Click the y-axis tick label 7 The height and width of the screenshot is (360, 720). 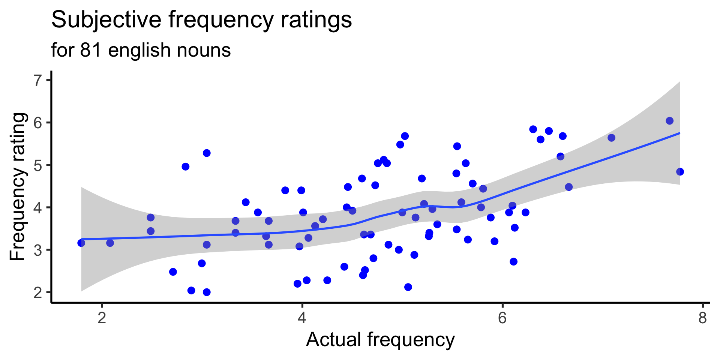click(x=38, y=81)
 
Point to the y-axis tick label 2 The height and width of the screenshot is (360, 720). click(x=38, y=292)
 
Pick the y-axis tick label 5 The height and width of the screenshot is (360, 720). click(x=38, y=165)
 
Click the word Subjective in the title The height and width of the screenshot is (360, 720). click(x=107, y=20)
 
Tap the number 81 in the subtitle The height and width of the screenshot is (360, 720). click(x=91, y=50)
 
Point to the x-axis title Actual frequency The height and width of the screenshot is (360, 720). click(x=380, y=340)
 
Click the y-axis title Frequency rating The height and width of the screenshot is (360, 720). click(x=18, y=186)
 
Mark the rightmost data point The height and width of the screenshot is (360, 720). click(x=680, y=172)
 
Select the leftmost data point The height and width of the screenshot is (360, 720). click(x=81, y=243)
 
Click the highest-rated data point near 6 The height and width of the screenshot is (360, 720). click(x=669, y=121)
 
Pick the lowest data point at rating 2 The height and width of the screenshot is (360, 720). click(x=207, y=292)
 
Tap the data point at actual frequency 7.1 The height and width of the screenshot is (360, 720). click(x=611, y=138)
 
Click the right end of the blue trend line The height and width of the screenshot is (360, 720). click(x=679, y=133)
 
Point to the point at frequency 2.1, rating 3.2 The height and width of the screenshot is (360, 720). click(x=110, y=243)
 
